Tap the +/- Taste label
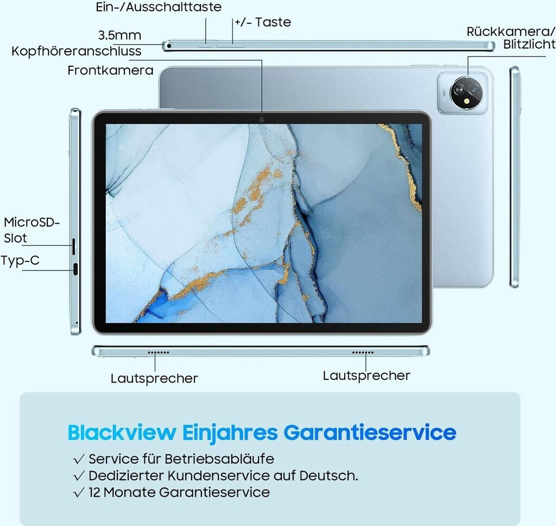click(x=263, y=22)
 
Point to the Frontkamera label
click(x=110, y=70)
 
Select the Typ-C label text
click(x=20, y=260)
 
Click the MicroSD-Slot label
click(x=31, y=230)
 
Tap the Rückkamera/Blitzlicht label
click(x=510, y=38)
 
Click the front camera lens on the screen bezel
click(x=262, y=118)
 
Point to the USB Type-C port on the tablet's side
click(x=75, y=268)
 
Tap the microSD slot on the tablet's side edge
click(x=74, y=246)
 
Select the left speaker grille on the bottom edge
click(x=159, y=352)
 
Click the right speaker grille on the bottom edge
click(x=363, y=352)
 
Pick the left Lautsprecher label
click(x=154, y=378)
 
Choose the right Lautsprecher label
click(x=367, y=375)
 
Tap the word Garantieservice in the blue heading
click(x=370, y=433)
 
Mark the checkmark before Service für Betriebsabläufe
click(x=79, y=459)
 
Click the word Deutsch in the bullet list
click(x=328, y=475)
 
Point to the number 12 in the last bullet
click(x=94, y=492)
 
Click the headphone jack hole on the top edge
click(x=169, y=46)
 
